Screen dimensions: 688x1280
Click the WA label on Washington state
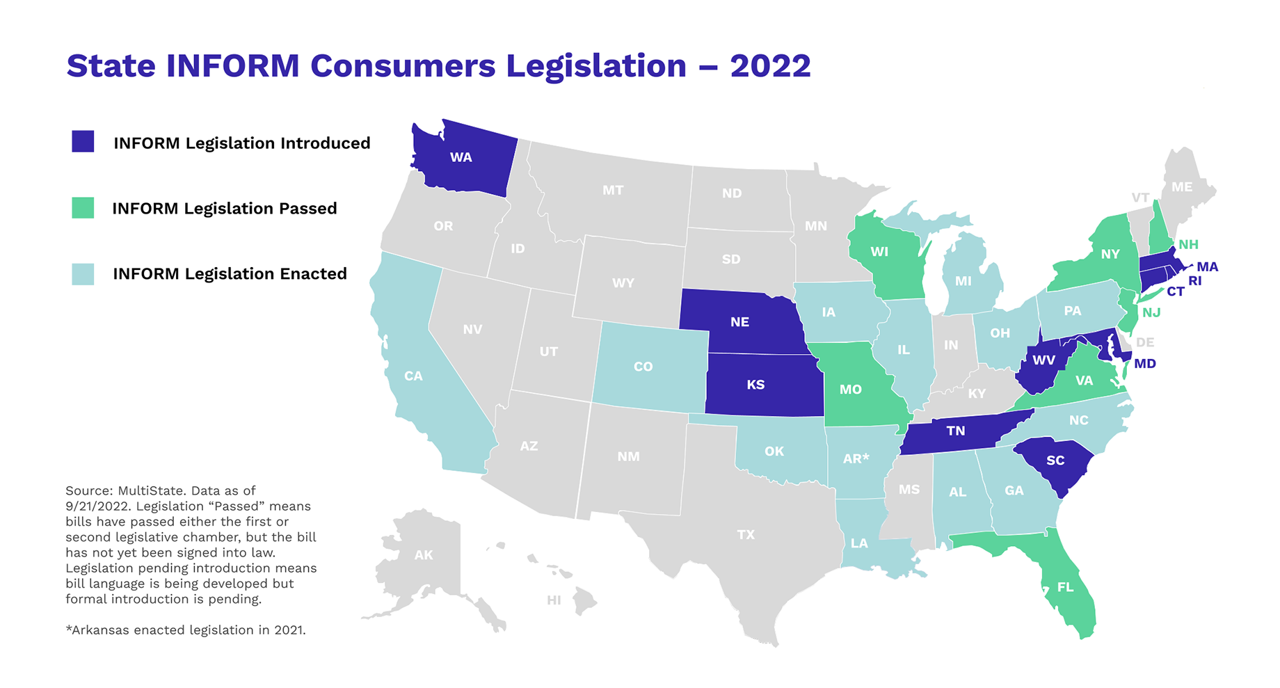(x=461, y=157)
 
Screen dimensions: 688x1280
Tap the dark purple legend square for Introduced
(x=83, y=141)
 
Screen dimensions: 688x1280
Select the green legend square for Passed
(x=83, y=207)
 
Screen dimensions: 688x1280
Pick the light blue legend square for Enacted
(x=83, y=273)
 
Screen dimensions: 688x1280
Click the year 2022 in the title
(x=770, y=65)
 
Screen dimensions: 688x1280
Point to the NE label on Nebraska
(x=739, y=322)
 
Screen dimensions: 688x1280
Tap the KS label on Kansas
(x=755, y=385)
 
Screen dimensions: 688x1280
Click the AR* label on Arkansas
(x=856, y=458)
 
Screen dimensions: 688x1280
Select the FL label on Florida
(x=1065, y=587)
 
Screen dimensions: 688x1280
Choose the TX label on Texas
(x=746, y=534)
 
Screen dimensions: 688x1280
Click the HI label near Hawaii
(x=554, y=600)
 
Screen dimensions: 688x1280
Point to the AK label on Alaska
(x=424, y=555)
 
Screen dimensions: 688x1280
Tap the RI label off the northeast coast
(x=1194, y=281)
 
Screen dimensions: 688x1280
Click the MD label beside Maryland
(x=1145, y=364)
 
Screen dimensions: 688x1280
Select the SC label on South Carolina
(x=1055, y=461)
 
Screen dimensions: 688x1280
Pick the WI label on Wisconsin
(x=879, y=252)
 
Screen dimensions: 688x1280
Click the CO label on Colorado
(x=643, y=367)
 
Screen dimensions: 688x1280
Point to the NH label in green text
(x=1188, y=244)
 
